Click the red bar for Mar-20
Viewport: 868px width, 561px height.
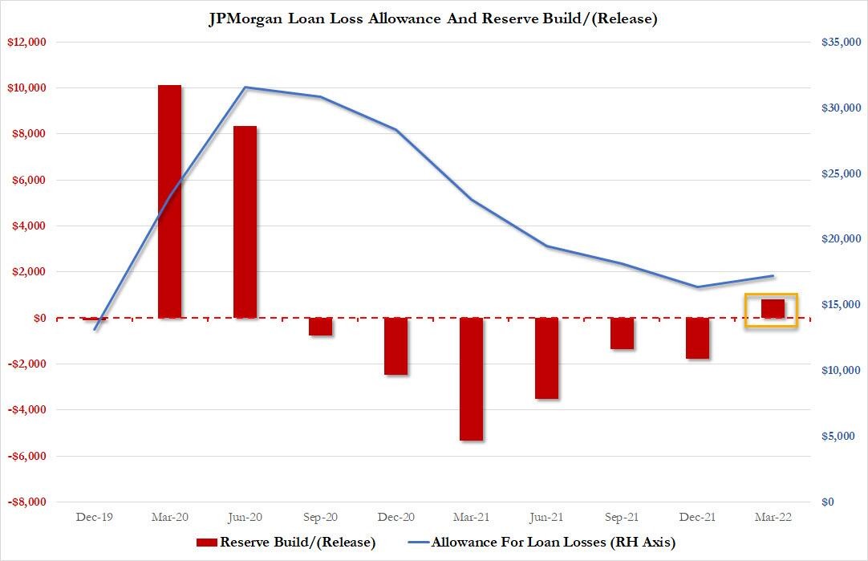[169, 201]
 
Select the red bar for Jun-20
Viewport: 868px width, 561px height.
[245, 222]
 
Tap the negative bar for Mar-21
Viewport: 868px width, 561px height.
[471, 379]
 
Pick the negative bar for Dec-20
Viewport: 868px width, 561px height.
[395, 346]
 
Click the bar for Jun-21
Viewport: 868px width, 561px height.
[546, 358]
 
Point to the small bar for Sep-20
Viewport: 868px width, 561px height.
[320, 327]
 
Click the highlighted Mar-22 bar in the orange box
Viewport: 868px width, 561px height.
[773, 309]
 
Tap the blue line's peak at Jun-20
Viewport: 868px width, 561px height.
[245, 87]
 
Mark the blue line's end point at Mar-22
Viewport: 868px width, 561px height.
[773, 276]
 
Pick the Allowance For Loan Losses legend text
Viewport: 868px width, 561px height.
[554, 543]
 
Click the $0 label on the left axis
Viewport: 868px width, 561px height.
[39, 319]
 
